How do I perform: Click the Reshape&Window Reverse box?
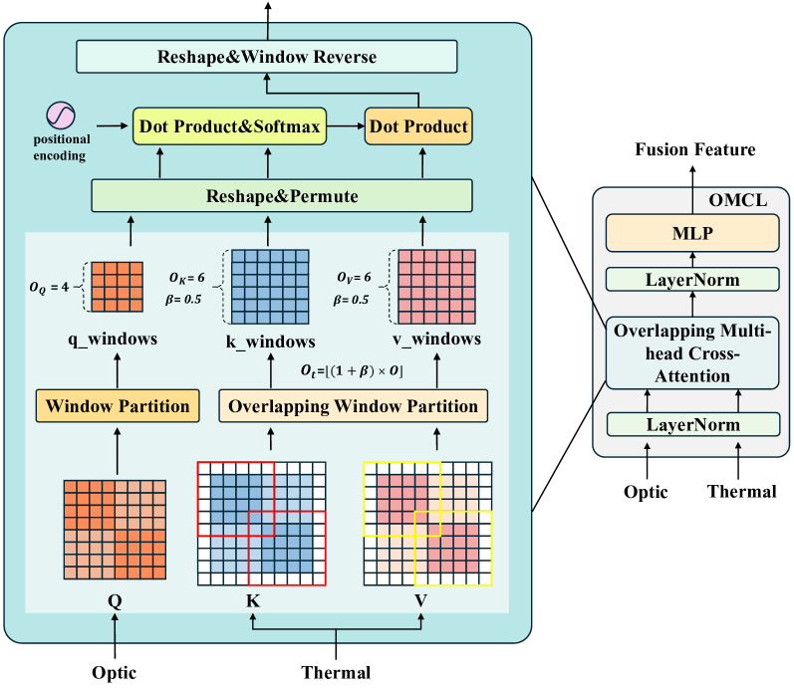coord(267,57)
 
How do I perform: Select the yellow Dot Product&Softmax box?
coord(229,126)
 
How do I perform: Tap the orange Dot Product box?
coord(418,126)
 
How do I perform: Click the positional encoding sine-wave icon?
coord(61,115)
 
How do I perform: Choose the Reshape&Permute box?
coord(282,195)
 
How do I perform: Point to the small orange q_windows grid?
coord(117,287)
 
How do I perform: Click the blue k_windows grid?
coord(270,287)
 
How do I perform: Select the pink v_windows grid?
coord(436,287)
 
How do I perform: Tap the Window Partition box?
coord(118,406)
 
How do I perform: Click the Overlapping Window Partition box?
coord(353,406)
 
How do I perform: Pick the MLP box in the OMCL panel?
coord(692,233)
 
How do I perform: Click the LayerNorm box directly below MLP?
coord(692,280)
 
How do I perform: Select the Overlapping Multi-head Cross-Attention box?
coord(692,353)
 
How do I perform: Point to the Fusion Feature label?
coord(695,149)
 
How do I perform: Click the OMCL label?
coord(738,200)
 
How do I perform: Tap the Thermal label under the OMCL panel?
coord(742,491)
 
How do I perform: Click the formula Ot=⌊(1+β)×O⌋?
coord(352,370)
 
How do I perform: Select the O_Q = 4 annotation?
coord(49,287)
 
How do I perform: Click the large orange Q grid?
coord(115,530)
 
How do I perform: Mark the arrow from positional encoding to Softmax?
coord(113,125)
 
